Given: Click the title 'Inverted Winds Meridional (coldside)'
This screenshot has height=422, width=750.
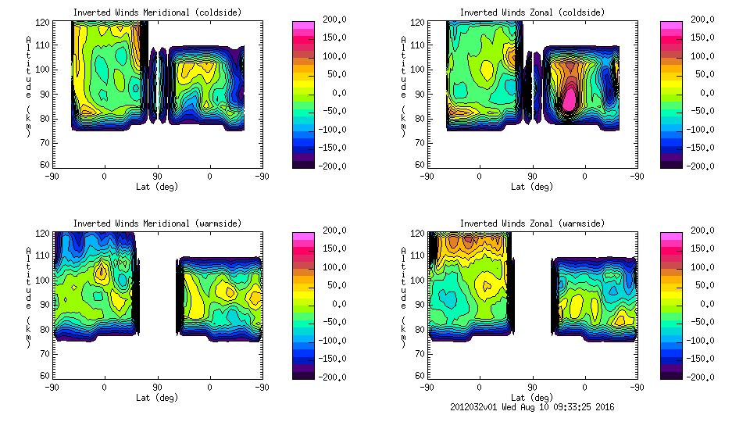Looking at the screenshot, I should [x=157, y=13].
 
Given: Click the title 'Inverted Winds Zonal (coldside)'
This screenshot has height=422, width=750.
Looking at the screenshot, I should [x=532, y=13].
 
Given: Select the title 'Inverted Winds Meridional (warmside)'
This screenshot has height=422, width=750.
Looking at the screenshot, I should [x=157, y=224].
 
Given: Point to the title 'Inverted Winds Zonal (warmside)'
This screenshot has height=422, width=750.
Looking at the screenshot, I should [x=532, y=224].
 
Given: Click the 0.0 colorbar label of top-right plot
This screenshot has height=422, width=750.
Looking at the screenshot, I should [x=702, y=92].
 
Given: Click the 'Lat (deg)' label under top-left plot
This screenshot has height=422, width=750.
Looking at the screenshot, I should [x=157, y=187].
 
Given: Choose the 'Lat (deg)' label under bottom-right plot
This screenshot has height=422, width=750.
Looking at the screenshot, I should [x=532, y=398].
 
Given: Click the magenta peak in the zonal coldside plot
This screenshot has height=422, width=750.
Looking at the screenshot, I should [x=570, y=99].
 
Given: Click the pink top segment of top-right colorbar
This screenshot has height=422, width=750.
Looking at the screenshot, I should [x=671, y=25].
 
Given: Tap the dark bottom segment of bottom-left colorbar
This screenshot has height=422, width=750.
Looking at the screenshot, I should [x=304, y=374].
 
